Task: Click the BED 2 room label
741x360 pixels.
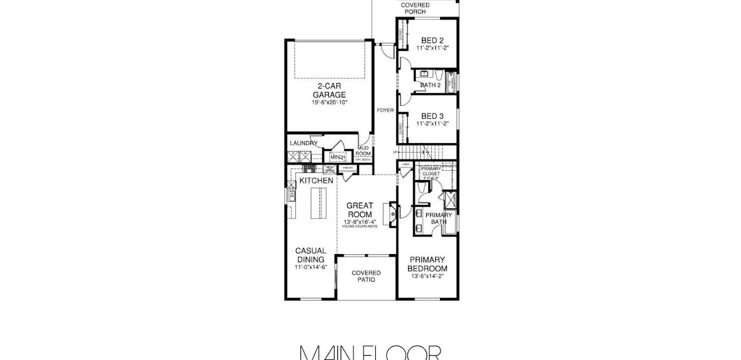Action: point(432,41)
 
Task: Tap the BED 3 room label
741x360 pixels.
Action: point(432,116)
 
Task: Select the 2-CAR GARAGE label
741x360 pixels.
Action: point(329,91)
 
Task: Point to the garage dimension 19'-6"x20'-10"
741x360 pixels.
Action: point(329,103)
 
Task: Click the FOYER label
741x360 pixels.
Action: point(385,110)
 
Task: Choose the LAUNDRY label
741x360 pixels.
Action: point(303,143)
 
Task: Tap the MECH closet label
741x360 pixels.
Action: point(338,157)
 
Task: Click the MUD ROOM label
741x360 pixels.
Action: point(364,151)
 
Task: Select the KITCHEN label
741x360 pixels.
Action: point(316,181)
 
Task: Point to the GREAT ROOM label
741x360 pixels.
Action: point(360,210)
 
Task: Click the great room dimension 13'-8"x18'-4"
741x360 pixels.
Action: point(360,222)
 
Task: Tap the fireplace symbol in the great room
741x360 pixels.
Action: point(392,213)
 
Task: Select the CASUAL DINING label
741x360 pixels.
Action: point(310,255)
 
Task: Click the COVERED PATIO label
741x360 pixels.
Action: point(366,276)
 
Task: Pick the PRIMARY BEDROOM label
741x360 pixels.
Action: point(427,264)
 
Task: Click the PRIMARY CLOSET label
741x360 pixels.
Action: point(431,171)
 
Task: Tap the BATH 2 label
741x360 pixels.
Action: point(430,85)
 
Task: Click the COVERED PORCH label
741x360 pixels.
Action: point(415,8)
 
